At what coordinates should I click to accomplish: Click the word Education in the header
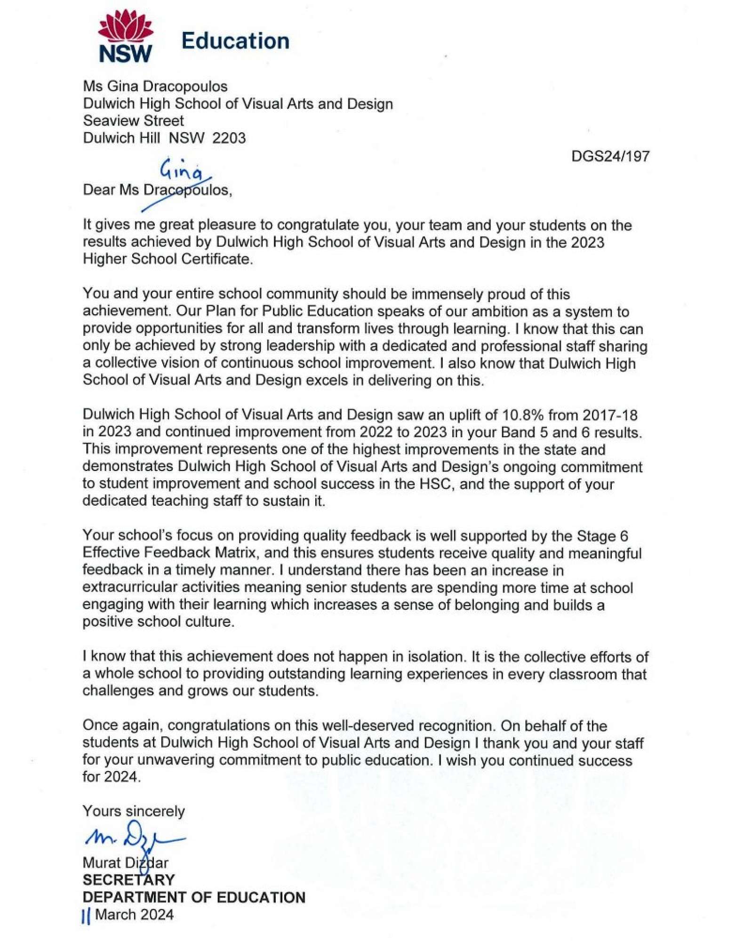pyautogui.click(x=235, y=41)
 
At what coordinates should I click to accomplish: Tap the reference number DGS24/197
pyautogui.click(x=610, y=156)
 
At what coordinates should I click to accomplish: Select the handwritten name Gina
pyautogui.click(x=182, y=171)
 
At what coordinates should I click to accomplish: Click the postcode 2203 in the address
pyautogui.click(x=229, y=138)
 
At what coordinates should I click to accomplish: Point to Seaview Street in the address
pyautogui.click(x=133, y=121)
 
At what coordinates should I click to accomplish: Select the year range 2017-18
pyautogui.click(x=610, y=415)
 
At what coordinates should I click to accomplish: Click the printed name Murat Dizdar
pyautogui.click(x=125, y=863)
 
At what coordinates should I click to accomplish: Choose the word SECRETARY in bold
pyautogui.click(x=128, y=880)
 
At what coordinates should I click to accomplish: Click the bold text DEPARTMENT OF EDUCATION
pyautogui.click(x=194, y=897)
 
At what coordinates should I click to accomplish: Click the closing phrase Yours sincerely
pyautogui.click(x=134, y=811)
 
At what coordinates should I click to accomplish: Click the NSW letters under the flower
pyautogui.click(x=125, y=54)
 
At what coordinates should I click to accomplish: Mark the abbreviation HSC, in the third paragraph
pyautogui.click(x=437, y=484)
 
